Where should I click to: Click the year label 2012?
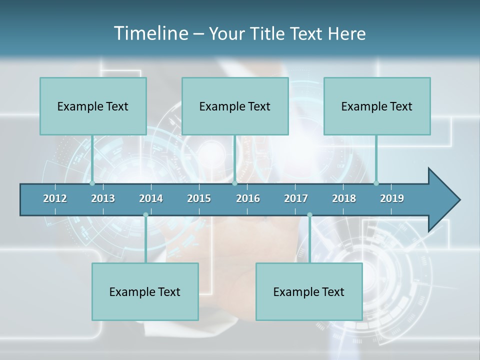point(55,198)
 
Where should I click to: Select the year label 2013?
point(103,198)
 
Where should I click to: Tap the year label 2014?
point(151,198)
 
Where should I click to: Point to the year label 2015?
point(199,198)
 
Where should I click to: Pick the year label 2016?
point(248,198)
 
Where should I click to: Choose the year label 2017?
point(296,198)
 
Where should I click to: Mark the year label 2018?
point(344,198)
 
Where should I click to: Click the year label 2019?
point(392,198)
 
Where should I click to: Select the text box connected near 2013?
point(93,106)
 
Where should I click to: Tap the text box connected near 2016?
point(235,106)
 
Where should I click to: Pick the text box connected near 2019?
point(377,106)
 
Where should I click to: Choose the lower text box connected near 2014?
point(145,291)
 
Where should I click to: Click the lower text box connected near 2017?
point(309,291)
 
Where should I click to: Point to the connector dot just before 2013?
point(92,183)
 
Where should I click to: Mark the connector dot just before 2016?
point(234,183)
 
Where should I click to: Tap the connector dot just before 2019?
point(376,183)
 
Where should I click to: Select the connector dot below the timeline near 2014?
point(145,215)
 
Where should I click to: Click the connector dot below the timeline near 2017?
point(309,215)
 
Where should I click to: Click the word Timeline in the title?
point(151,33)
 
